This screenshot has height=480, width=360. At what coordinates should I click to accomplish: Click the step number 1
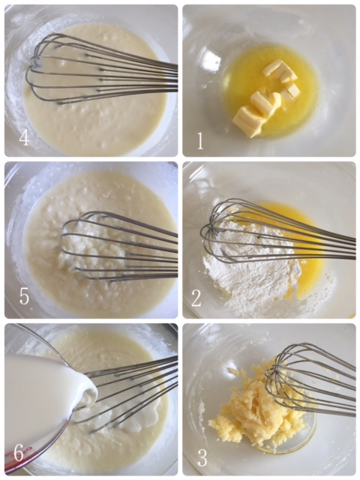pos(200,140)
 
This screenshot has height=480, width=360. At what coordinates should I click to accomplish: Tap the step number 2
pos(196,298)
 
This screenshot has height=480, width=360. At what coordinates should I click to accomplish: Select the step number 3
pos(202,457)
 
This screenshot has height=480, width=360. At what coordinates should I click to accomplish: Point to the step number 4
pos(24,138)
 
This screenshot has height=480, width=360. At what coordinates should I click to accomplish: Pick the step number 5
pos(24,295)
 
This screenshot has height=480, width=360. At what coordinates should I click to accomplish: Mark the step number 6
pos(18,453)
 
